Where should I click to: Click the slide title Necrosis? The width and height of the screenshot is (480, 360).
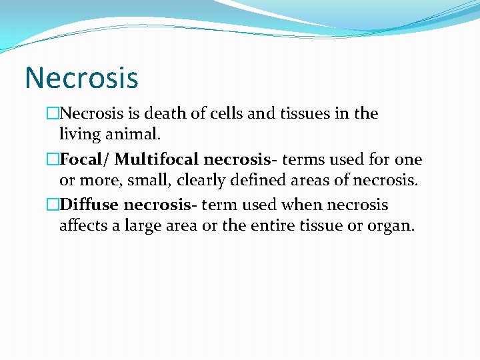tap(81, 77)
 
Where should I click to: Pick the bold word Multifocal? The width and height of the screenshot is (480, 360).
tap(157, 160)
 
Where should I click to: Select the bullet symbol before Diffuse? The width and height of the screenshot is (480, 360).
tap(53, 205)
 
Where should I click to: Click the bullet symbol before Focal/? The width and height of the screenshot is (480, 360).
tap(53, 160)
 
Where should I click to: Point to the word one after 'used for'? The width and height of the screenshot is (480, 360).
tap(408, 160)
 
